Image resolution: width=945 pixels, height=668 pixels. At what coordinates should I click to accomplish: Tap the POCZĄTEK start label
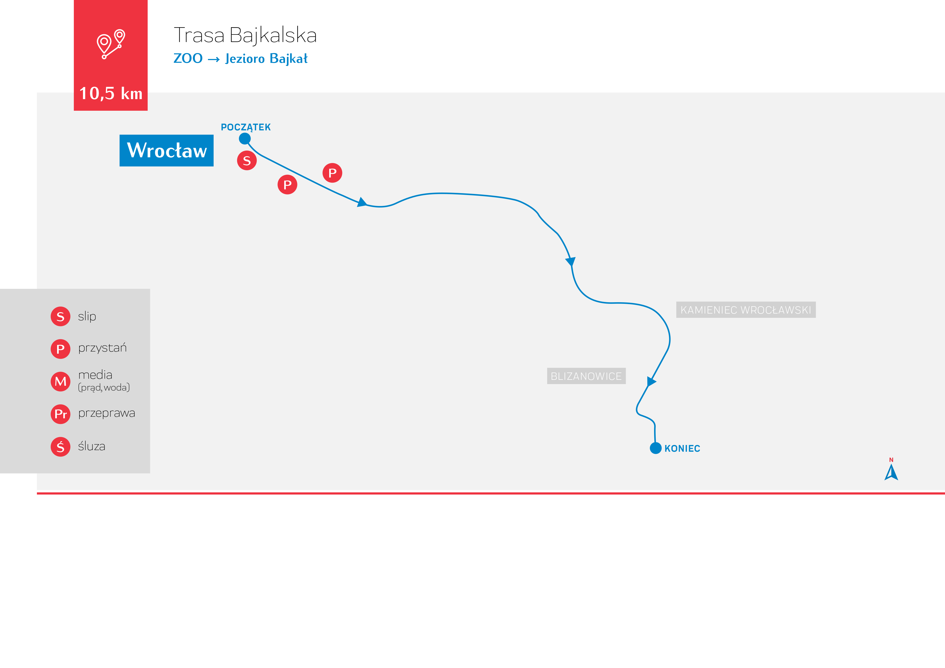[x=246, y=127]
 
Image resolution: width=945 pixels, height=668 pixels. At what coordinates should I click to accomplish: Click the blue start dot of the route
[x=245, y=139]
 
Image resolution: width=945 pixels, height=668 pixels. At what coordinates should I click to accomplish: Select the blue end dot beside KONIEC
[x=656, y=448]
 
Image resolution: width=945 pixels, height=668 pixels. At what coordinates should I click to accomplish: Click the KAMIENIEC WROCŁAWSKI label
[x=746, y=310]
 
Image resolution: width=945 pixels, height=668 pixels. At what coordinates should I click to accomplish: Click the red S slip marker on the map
[x=247, y=161]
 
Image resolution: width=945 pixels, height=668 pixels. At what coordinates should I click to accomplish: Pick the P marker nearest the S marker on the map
[x=287, y=185]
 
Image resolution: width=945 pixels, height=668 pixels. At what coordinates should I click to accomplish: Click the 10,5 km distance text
[x=111, y=93]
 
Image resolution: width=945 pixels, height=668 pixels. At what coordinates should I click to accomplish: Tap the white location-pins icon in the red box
[x=111, y=44]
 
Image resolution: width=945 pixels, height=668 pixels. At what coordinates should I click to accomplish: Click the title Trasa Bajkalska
[x=245, y=35]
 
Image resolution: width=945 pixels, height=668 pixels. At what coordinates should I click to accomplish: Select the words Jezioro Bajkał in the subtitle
[x=266, y=58]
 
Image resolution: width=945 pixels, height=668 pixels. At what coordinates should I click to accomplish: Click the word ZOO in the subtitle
[x=188, y=58]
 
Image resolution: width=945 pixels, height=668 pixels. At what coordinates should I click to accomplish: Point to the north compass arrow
[x=891, y=472]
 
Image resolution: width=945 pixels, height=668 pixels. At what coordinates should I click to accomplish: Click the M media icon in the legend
[x=61, y=381]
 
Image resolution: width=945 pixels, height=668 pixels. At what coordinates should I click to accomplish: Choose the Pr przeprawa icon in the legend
[x=61, y=414]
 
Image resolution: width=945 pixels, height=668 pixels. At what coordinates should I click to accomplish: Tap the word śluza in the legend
[x=92, y=446]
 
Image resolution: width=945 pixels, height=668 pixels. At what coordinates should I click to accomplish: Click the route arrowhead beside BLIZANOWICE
[x=651, y=381]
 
